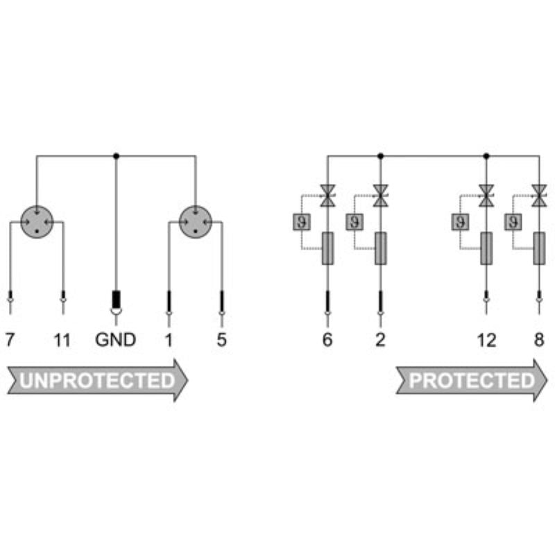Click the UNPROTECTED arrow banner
97,380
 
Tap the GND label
115,340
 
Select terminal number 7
10,340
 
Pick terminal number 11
62,340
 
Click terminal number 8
538,340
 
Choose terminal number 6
327,340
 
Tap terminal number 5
221,340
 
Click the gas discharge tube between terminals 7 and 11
37,221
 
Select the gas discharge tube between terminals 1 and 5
196,221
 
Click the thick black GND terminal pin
116,300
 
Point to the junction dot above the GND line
116,156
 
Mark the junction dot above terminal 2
380,156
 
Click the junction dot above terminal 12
486,156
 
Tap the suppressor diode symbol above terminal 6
327,196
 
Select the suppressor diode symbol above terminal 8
539,196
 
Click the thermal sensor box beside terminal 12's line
460,222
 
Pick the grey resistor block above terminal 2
380,248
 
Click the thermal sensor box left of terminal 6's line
301,222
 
